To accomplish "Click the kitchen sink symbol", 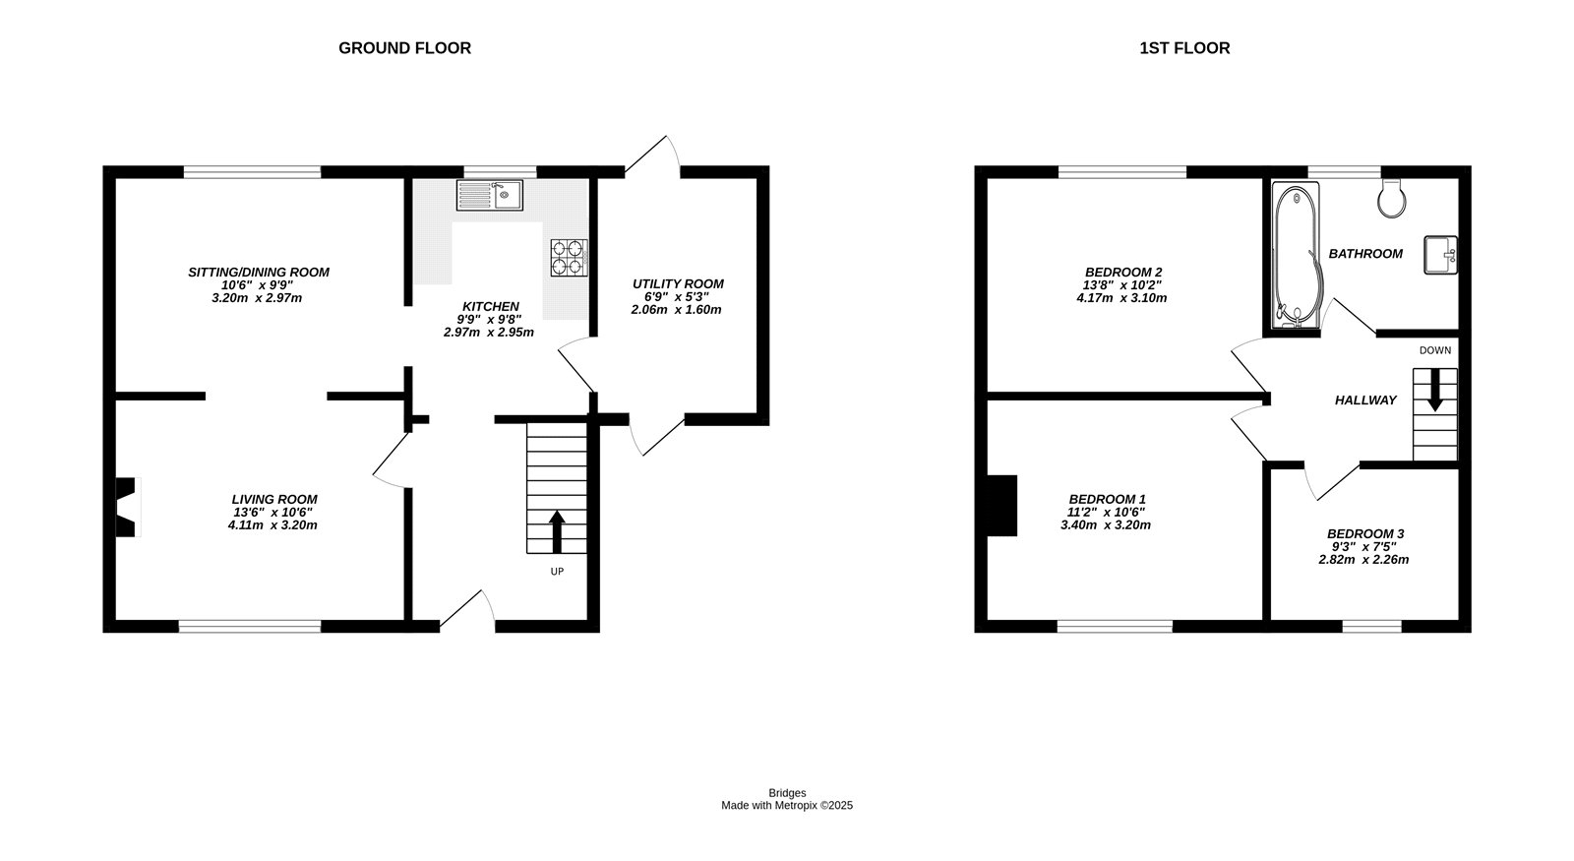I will click(489, 195).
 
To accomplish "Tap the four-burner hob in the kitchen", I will click(569, 257).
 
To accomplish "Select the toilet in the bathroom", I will click(1391, 199).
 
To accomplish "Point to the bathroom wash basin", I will click(1440, 256).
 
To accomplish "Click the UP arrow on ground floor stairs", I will click(556, 531).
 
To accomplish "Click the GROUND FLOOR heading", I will click(404, 48).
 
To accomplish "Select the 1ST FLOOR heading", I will click(1184, 48).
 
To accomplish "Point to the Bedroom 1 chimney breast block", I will click(1001, 506).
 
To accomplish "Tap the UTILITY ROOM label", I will click(678, 284).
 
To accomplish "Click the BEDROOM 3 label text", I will click(1364, 533).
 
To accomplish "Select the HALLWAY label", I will click(1365, 400).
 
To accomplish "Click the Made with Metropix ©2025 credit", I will click(787, 805).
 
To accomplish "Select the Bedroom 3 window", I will click(1371, 626).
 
